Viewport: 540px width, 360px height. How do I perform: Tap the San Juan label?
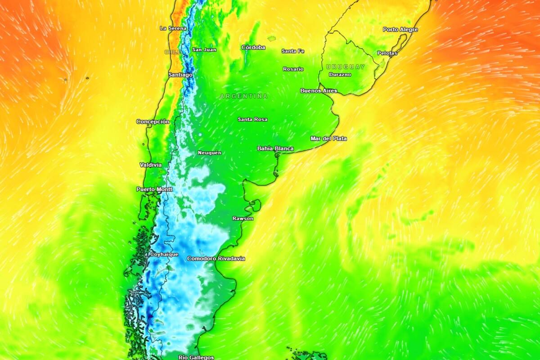coord(204,50)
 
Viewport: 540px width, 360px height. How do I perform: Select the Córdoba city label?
coord(253,47)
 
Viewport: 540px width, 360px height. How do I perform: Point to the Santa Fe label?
coord(293,51)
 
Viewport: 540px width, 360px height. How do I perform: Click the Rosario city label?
coord(293,69)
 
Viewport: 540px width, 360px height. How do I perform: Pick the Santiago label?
coord(180,75)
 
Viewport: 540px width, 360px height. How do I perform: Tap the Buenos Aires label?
coord(319,91)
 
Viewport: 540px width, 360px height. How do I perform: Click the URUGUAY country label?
coord(346,67)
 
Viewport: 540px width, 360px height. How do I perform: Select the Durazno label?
coord(340,75)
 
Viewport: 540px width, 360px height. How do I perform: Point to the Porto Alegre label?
coord(400,30)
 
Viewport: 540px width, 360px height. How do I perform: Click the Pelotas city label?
coord(387,53)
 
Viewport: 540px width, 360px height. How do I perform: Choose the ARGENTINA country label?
coord(244,96)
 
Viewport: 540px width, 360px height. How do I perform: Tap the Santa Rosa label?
coord(252,120)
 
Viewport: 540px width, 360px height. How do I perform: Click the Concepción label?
coord(153,122)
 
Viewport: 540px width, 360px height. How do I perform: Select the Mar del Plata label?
coord(328,139)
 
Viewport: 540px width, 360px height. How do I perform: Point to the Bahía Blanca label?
coord(275,148)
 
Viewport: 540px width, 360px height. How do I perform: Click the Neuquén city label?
coord(210,153)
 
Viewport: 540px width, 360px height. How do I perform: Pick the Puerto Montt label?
coord(154,189)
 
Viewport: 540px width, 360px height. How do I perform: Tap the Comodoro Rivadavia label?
coord(216,259)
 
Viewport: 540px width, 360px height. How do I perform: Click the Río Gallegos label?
coord(196,357)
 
